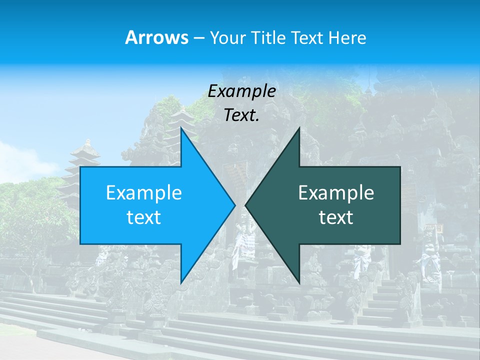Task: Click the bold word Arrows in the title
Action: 156,37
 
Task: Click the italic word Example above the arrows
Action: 241,91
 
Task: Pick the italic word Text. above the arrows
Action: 241,115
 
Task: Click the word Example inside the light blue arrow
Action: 144,193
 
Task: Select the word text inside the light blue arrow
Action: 144,217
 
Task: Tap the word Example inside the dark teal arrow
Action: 336,193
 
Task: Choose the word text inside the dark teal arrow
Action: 336,217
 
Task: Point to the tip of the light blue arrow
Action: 234,205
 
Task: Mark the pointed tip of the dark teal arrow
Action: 246,205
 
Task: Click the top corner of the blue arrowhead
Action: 181,129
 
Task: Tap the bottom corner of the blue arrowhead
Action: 181,282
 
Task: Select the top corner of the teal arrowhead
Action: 299,129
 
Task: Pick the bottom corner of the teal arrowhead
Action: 299,282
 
